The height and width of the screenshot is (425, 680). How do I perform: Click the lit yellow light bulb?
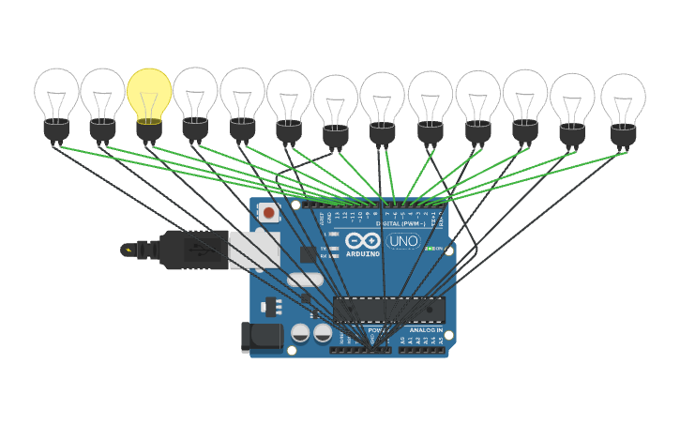pos(149,95)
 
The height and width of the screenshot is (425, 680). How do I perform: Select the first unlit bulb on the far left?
pos(57,94)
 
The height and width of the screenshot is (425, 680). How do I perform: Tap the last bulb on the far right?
pos(623,99)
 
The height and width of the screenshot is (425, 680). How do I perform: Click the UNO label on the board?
pos(403,241)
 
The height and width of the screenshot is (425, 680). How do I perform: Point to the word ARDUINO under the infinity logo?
pos(363,254)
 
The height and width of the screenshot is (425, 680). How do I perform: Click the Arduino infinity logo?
pos(363,240)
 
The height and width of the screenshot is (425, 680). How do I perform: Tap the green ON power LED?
pos(429,249)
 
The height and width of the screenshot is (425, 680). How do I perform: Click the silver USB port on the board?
pos(254,250)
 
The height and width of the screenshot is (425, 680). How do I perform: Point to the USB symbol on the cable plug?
pos(194,250)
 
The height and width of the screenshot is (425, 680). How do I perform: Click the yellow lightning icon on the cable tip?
pos(128,250)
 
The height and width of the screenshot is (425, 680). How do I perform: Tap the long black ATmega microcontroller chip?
pos(389,308)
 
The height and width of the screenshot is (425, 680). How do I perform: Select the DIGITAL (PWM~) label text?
pos(400,223)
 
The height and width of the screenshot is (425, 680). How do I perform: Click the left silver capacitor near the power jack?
pos(300,333)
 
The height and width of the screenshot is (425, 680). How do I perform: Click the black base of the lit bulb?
pos(148,130)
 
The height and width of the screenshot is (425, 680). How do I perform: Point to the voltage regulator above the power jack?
pos(272,306)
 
